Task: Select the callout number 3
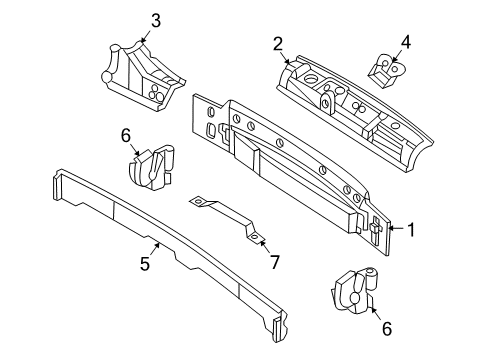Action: pyautogui.click(x=155, y=19)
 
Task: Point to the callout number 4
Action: pyautogui.click(x=405, y=42)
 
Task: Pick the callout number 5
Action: pyautogui.click(x=144, y=264)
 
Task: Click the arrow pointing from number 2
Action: pyautogui.click(x=287, y=57)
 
